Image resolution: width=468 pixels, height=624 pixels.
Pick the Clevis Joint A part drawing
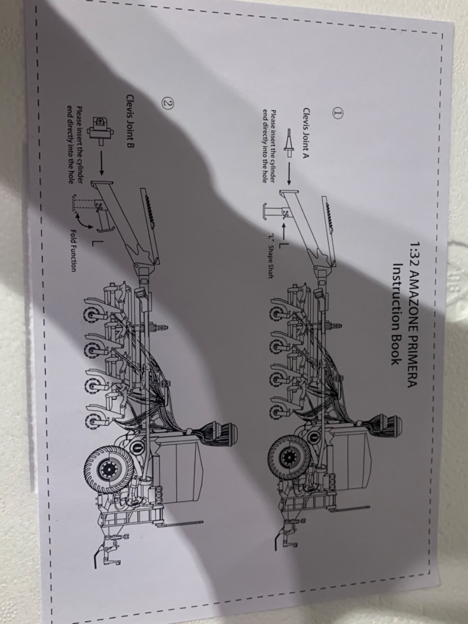tap(289, 143)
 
